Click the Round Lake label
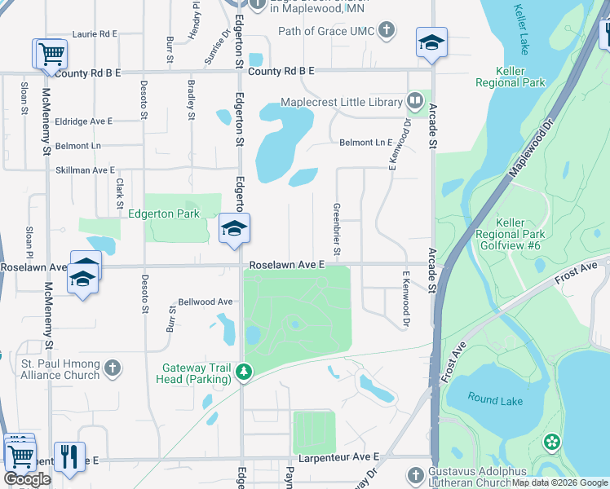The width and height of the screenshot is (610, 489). tap(493, 398)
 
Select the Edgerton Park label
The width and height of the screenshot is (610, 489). tap(164, 214)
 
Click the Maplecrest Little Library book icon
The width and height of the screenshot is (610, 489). tap(415, 102)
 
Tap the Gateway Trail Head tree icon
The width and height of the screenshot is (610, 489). tap(243, 372)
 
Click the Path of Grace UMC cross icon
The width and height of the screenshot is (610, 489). tap(387, 32)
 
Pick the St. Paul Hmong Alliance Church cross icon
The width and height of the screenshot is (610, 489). tap(113, 369)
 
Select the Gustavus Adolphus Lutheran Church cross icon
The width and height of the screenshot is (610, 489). tap(415, 475)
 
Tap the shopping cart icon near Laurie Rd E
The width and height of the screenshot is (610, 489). tap(50, 54)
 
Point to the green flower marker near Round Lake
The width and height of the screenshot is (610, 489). tap(553, 442)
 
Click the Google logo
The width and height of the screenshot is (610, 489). tap(27, 479)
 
